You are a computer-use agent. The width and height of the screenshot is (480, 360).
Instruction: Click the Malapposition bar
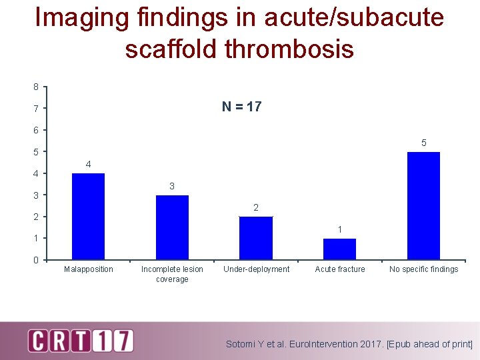click(88, 216)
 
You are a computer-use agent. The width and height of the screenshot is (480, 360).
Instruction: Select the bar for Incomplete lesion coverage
click(172, 227)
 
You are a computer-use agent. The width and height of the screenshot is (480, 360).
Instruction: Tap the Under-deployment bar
click(256, 237)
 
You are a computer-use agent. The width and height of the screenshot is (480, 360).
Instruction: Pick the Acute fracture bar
click(339, 249)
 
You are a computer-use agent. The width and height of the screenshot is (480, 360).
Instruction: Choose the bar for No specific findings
click(423, 205)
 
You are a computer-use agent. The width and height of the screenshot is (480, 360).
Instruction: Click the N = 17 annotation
click(241, 107)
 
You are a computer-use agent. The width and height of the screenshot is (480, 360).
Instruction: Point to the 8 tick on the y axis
click(36, 87)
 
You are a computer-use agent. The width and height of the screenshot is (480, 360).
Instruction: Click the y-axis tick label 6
click(36, 130)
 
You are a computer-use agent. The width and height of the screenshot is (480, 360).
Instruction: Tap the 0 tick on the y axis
click(36, 260)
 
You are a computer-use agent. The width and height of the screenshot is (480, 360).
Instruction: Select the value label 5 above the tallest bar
click(423, 143)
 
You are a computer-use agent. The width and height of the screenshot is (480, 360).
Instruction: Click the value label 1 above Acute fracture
click(339, 229)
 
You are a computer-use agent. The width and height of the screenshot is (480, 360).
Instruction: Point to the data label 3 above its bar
click(172, 186)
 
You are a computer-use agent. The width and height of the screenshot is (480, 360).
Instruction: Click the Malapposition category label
click(88, 269)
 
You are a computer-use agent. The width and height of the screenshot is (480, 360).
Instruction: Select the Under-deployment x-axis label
click(256, 269)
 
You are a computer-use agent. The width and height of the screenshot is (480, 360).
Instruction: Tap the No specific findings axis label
click(423, 269)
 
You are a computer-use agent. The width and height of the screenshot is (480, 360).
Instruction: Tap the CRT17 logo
click(80, 340)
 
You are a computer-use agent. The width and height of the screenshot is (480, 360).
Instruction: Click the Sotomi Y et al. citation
click(349, 345)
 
